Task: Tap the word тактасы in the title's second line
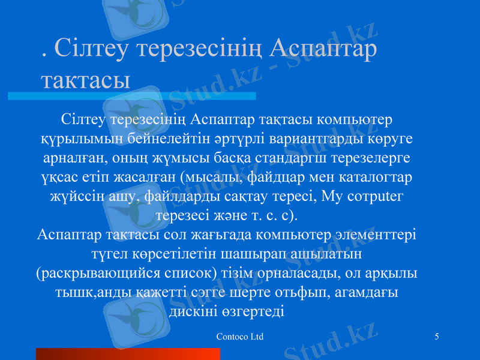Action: pyautogui.click(x=86, y=80)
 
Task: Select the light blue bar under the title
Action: pyautogui.click(x=131, y=96)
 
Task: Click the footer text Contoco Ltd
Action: pyautogui.click(x=239, y=337)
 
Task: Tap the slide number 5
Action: pyautogui.click(x=436, y=337)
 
